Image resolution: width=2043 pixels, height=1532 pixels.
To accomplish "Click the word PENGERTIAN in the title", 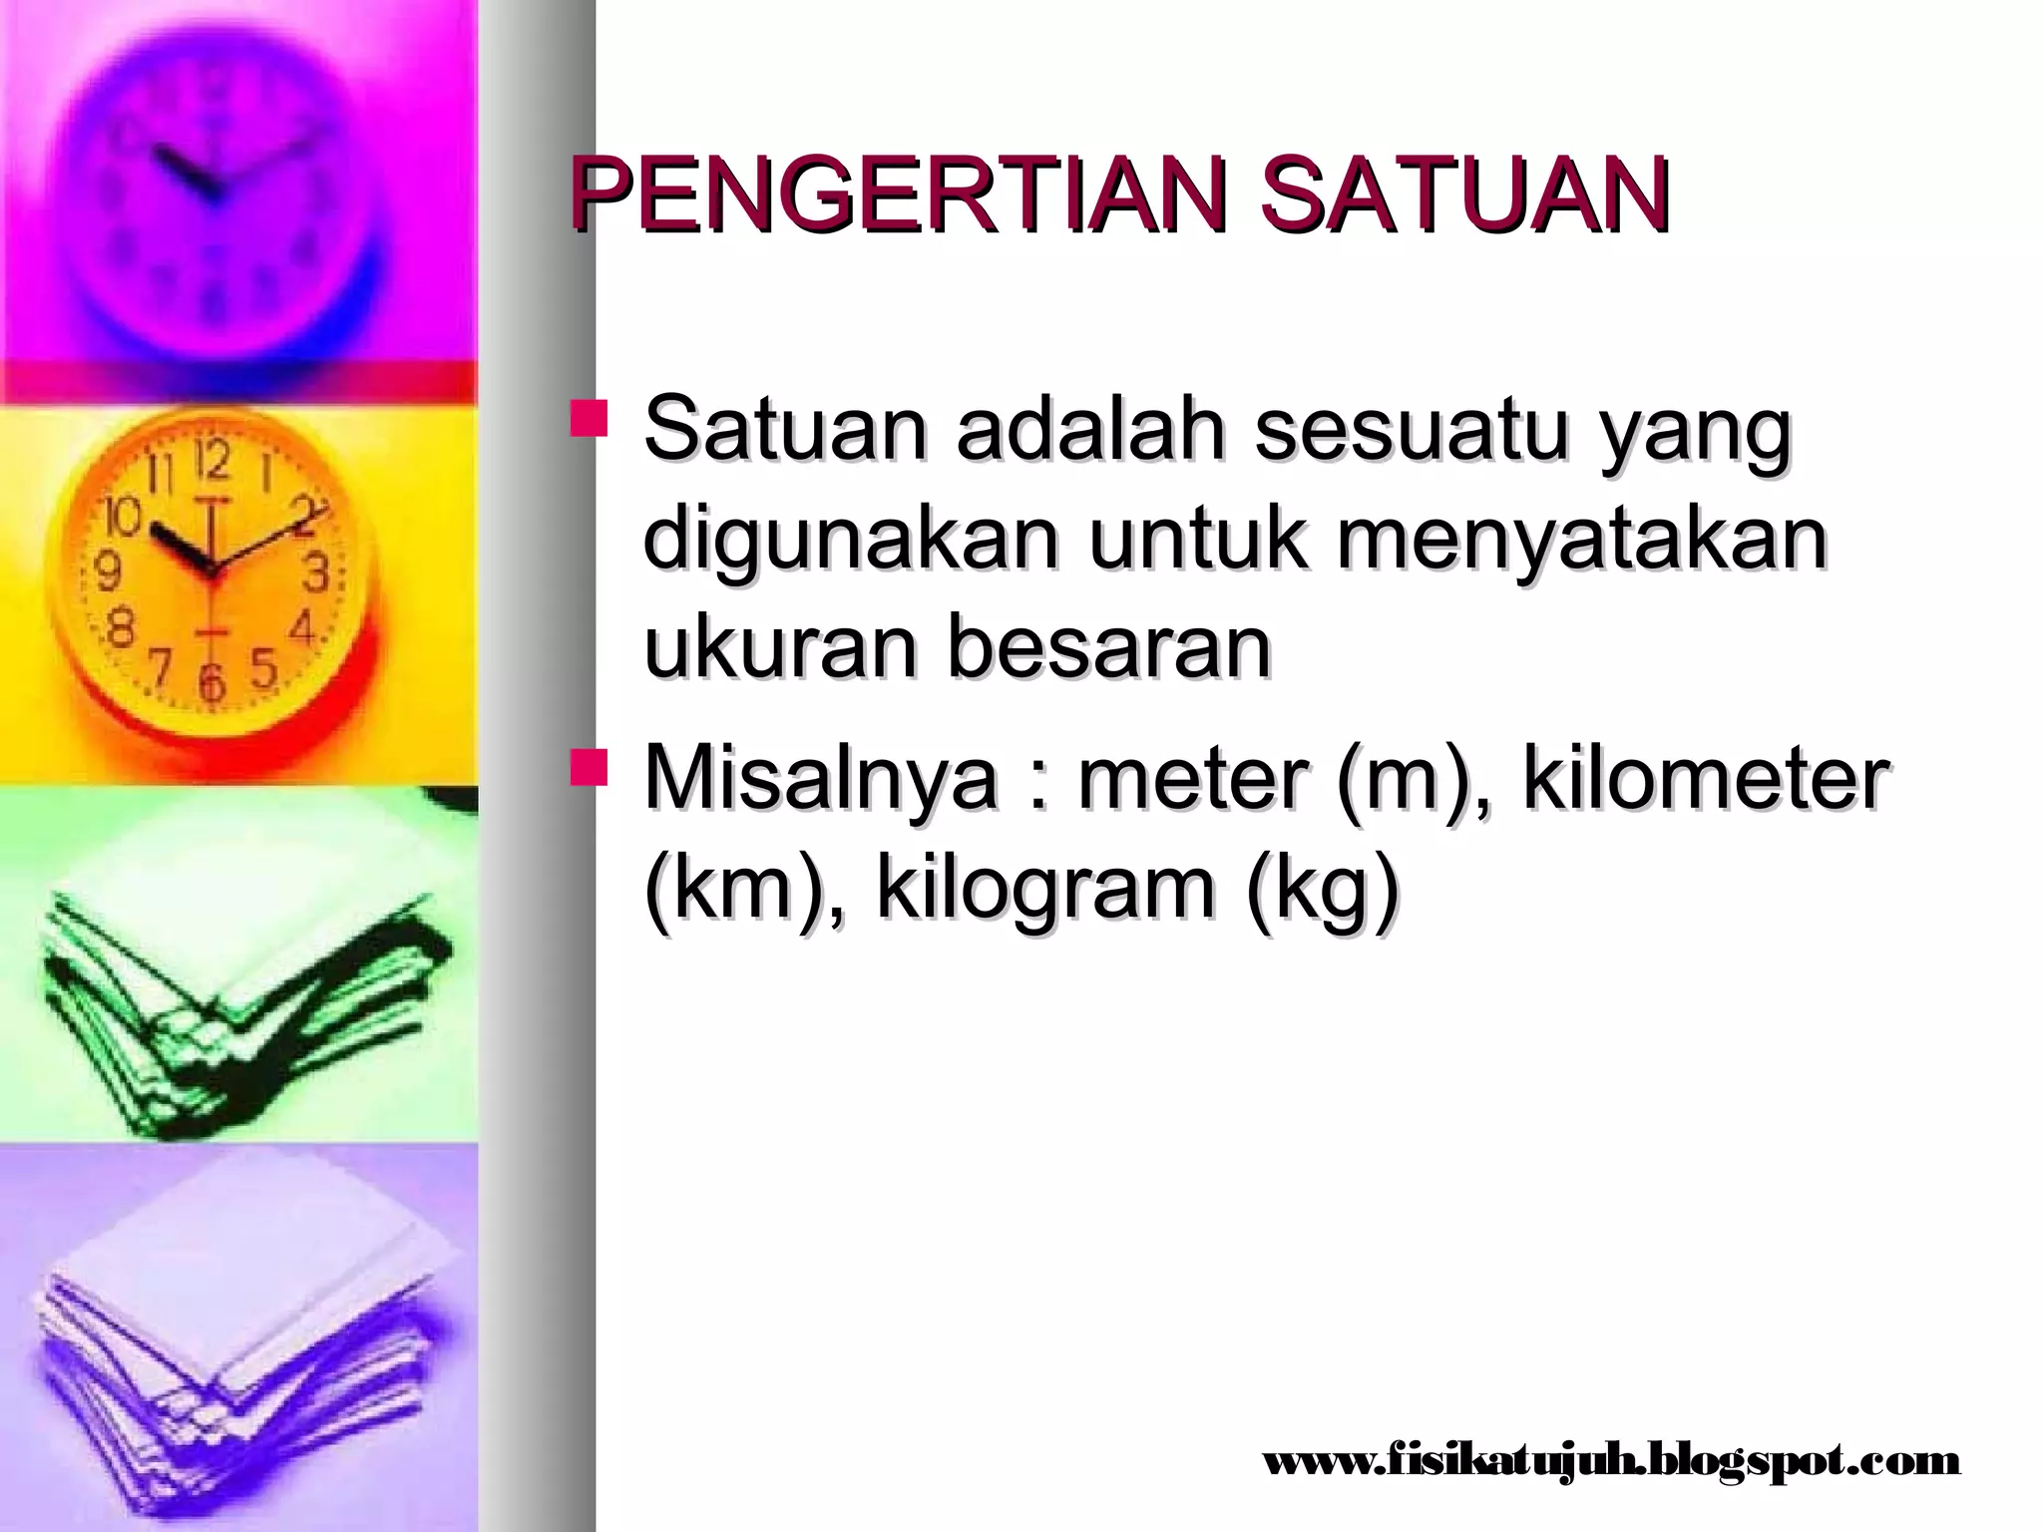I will [x=888, y=194].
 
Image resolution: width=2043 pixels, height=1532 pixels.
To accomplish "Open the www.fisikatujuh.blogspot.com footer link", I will [x=1612, y=1462].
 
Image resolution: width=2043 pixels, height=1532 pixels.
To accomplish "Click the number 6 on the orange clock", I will [x=210, y=683].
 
